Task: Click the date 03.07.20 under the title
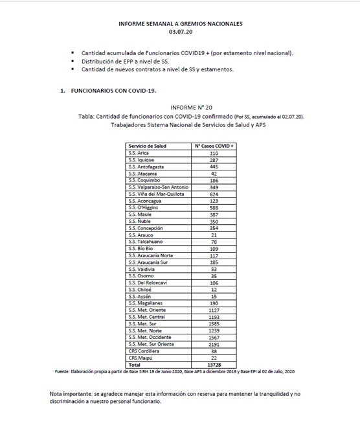point(180,31)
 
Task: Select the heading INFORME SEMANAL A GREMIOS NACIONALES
point(180,23)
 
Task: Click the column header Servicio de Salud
point(148,146)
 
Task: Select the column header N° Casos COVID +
point(214,146)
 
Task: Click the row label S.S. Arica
point(139,153)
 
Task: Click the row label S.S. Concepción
point(146,228)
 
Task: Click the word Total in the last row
point(135,365)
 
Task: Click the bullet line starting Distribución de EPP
point(123,60)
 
